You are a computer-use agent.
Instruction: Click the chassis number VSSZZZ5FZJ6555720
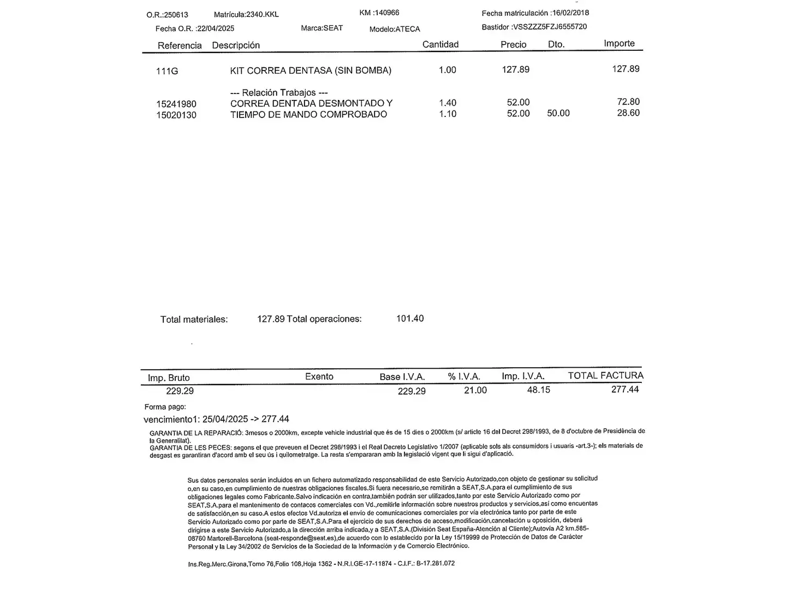pyautogui.click(x=550, y=27)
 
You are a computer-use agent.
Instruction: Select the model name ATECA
pyautogui.click(x=408, y=29)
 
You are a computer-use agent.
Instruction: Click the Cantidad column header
pyautogui.click(x=440, y=44)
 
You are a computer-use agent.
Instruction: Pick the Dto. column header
pyautogui.click(x=556, y=44)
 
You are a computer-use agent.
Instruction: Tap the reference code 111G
pyautogui.click(x=167, y=71)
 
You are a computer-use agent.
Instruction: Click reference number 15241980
pyautogui.click(x=176, y=104)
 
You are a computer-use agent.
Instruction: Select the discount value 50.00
pyautogui.click(x=558, y=113)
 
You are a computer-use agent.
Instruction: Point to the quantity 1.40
pyautogui.click(x=448, y=103)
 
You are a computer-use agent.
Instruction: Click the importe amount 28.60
pyautogui.click(x=628, y=113)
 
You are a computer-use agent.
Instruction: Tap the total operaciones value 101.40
pyautogui.click(x=410, y=318)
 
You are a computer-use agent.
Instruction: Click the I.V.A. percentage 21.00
pyautogui.click(x=475, y=390)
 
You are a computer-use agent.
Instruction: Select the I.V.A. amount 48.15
pyautogui.click(x=539, y=390)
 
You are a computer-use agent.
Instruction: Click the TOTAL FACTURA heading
pyautogui.click(x=605, y=375)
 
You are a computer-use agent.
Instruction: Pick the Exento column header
pyautogui.click(x=319, y=376)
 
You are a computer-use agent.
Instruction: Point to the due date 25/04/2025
pyautogui.click(x=225, y=419)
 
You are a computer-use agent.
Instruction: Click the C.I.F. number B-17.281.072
pyautogui.click(x=436, y=563)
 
